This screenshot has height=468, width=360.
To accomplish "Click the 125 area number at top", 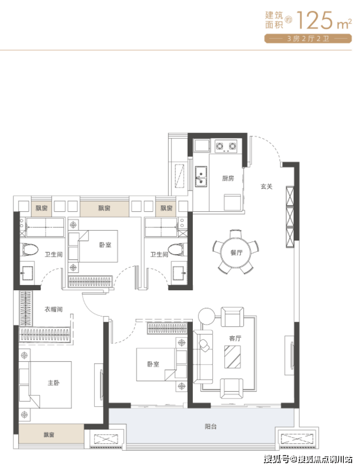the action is pos(315,20).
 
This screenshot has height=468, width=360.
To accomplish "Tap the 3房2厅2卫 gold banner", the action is pos(308,39).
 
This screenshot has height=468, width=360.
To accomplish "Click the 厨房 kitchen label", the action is pos(228,178).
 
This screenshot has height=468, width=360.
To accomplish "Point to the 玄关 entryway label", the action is pos(266,187).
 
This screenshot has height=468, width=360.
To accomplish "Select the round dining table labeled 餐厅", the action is pos(236,253).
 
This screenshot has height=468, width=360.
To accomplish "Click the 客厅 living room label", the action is pos(235,338).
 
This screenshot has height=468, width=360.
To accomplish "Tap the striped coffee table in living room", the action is pos(233,357).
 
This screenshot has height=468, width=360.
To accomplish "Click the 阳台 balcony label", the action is pos(211,427).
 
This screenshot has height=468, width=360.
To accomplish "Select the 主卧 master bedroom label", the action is pos(54,383).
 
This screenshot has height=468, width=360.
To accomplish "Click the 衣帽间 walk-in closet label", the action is pos(54,309).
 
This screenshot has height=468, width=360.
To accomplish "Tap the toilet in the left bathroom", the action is pos(30,249).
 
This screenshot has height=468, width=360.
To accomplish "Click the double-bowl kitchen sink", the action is pos(201,177).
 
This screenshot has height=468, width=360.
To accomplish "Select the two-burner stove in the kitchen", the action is pos(226,146).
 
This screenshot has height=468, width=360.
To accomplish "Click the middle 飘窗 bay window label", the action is pos(104,208).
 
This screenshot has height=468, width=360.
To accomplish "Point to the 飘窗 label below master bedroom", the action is pos(49,435).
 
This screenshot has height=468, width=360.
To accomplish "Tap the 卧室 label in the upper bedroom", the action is pos(106,245).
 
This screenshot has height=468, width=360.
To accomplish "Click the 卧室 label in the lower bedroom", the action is pos(153,364).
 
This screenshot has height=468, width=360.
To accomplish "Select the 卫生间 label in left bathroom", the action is pos(54,255).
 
